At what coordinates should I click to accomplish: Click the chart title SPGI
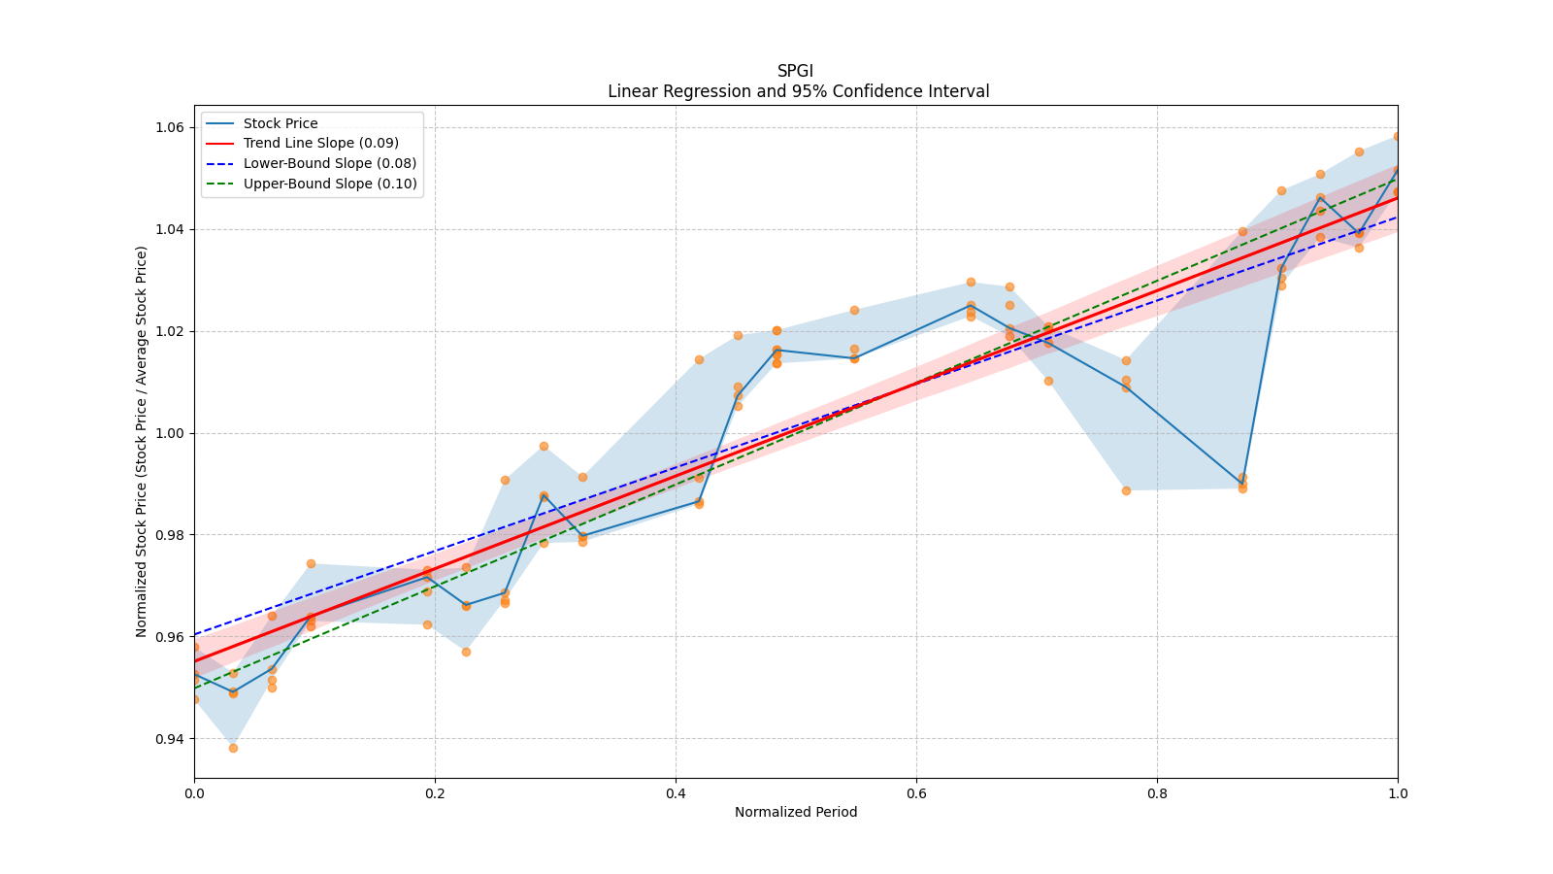point(795,71)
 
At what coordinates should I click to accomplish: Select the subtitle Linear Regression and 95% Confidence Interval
point(798,91)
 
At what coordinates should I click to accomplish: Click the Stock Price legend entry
point(281,123)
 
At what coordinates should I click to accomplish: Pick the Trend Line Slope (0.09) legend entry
point(320,144)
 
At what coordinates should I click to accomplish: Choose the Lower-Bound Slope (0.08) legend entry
point(329,163)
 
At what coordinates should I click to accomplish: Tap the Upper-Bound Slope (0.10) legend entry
point(330,184)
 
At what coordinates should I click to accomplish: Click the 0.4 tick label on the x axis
point(676,793)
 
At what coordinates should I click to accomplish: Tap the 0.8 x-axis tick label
point(1157,793)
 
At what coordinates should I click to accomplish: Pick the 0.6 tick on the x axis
point(916,793)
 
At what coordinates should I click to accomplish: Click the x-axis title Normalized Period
point(796,812)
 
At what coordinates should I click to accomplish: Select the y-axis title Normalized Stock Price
point(142,441)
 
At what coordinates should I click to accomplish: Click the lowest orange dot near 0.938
point(233,748)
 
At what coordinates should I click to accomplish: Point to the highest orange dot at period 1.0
point(1398,137)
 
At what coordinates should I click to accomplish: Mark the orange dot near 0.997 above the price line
point(544,447)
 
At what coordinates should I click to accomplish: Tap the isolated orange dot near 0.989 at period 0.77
point(1126,490)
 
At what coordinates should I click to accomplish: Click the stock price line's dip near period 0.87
point(1242,483)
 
